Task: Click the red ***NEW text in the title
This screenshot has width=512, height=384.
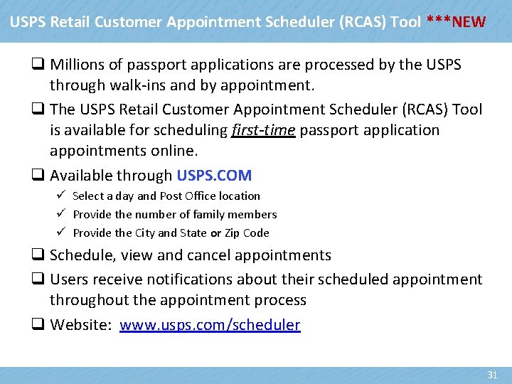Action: click(457, 21)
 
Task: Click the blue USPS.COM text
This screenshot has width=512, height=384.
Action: click(214, 175)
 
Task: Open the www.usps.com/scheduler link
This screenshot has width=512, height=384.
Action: click(210, 325)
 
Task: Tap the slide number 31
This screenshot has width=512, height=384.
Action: click(492, 375)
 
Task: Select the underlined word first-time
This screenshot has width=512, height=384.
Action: click(263, 130)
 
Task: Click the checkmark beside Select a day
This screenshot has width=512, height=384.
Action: click(62, 196)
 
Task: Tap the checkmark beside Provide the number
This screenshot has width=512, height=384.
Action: click(62, 214)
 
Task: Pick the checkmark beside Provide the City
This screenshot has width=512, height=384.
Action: click(62, 233)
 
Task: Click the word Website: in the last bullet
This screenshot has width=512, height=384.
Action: click(80, 325)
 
